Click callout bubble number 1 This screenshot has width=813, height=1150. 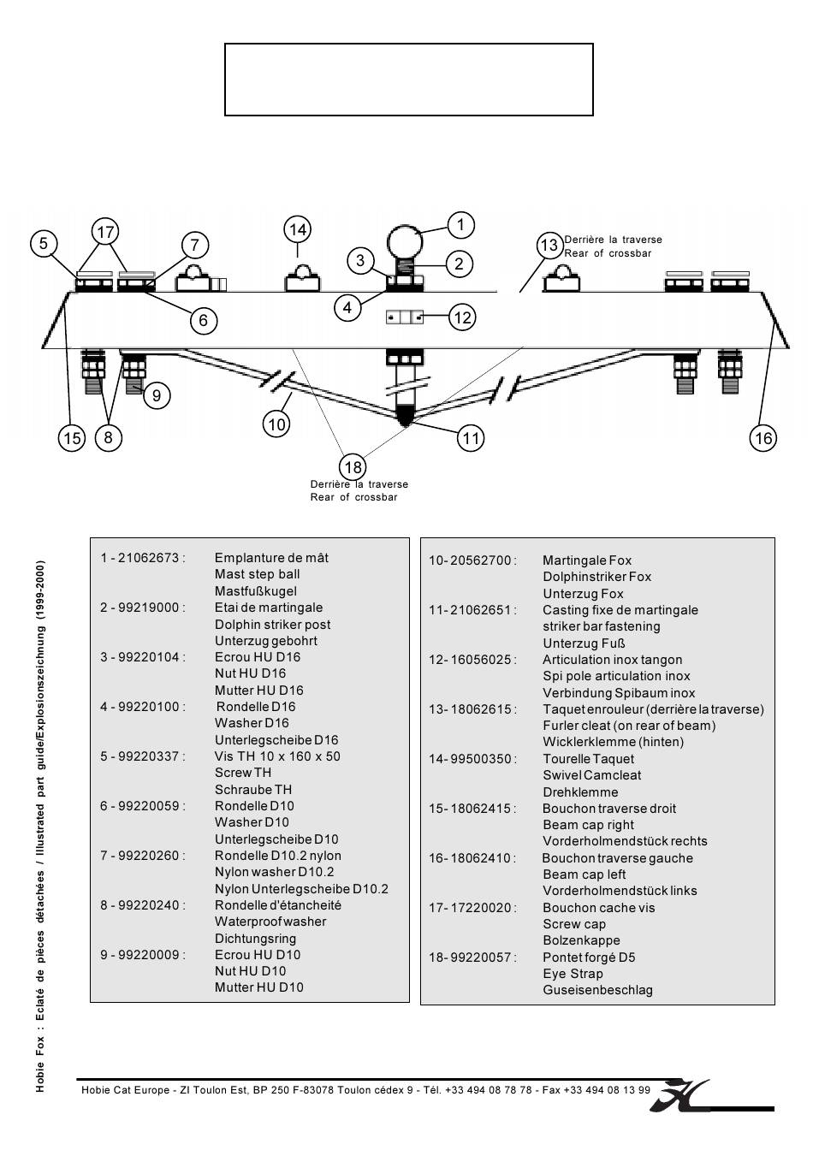tap(460, 225)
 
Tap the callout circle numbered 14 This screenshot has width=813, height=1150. tap(297, 229)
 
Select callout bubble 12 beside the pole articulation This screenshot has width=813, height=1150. tap(462, 318)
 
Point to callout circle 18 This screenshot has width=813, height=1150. tap(353, 467)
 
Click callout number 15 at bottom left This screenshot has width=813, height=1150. tap(72, 438)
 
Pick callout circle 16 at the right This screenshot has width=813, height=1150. tap(763, 438)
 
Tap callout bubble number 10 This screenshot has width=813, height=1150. tap(276, 424)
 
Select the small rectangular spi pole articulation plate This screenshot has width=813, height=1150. tap(405, 317)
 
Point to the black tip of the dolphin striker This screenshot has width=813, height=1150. tap(406, 419)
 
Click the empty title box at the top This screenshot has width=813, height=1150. tap(408, 80)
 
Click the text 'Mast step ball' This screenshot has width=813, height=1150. tap(257, 574)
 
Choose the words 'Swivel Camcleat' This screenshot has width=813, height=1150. tap(591, 775)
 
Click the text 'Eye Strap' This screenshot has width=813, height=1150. tap(573, 974)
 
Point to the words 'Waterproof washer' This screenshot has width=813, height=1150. tap(270, 922)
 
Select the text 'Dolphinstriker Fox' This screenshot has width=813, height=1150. tap(596, 577)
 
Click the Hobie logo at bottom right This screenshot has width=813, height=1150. tap(680, 1095)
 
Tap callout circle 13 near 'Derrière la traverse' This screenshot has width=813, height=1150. tap(549, 246)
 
